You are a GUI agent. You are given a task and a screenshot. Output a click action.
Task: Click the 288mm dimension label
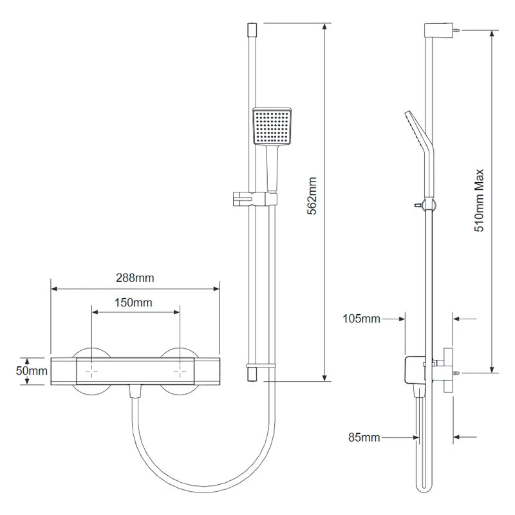click(x=136, y=278)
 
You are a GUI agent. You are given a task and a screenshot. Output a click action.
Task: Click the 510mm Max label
click(x=479, y=200)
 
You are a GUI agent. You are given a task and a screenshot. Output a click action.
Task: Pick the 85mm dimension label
click(x=364, y=438)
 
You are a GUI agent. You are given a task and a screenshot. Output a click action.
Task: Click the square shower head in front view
click(x=273, y=126)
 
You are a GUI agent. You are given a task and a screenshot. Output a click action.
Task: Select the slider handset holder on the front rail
click(x=252, y=198)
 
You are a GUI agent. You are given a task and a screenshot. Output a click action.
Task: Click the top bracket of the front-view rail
click(x=252, y=30)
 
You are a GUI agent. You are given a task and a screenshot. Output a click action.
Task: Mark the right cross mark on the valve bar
click(x=180, y=372)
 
